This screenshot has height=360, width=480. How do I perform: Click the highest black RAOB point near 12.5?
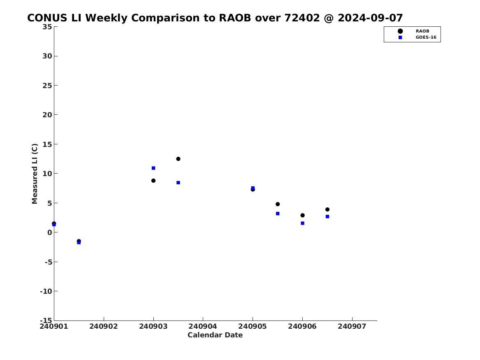click(178, 159)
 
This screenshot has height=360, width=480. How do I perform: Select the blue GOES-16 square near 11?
click(153, 168)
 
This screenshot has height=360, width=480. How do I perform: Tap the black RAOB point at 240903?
click(153, 181)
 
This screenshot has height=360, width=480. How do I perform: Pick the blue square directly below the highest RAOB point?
click(178, 183)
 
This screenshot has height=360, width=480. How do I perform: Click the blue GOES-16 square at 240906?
click(302, 223)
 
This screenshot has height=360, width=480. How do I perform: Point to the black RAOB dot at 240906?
click(302, 215)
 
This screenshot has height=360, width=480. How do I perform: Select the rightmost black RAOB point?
click(327, 209)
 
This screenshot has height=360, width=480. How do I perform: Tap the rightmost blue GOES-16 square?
click(327, 216)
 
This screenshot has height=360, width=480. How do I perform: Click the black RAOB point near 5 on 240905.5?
click(278, 204)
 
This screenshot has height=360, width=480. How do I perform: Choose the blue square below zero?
click(79, 242)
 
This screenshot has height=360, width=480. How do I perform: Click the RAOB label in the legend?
click(422, 31)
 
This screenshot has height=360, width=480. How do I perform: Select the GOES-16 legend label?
click(426, 37)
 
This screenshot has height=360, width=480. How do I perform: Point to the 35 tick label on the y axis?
click(47, 27)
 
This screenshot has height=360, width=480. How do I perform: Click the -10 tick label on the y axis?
click(46, 291)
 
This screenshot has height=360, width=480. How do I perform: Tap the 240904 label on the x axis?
click(203, 326)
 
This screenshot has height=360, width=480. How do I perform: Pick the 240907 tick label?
click(352, 326)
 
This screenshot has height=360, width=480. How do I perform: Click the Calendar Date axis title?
click(215, 335)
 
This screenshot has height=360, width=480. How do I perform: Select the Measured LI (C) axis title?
click(35, 174)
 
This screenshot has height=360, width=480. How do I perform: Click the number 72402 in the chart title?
click(302, 18)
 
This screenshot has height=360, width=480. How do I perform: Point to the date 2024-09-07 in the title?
click(370, 18)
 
